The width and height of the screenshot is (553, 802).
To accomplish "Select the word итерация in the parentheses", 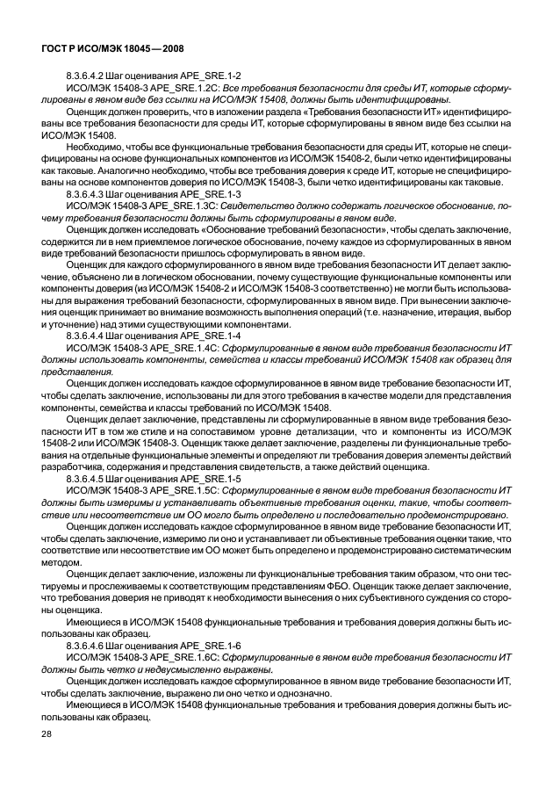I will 452,311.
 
